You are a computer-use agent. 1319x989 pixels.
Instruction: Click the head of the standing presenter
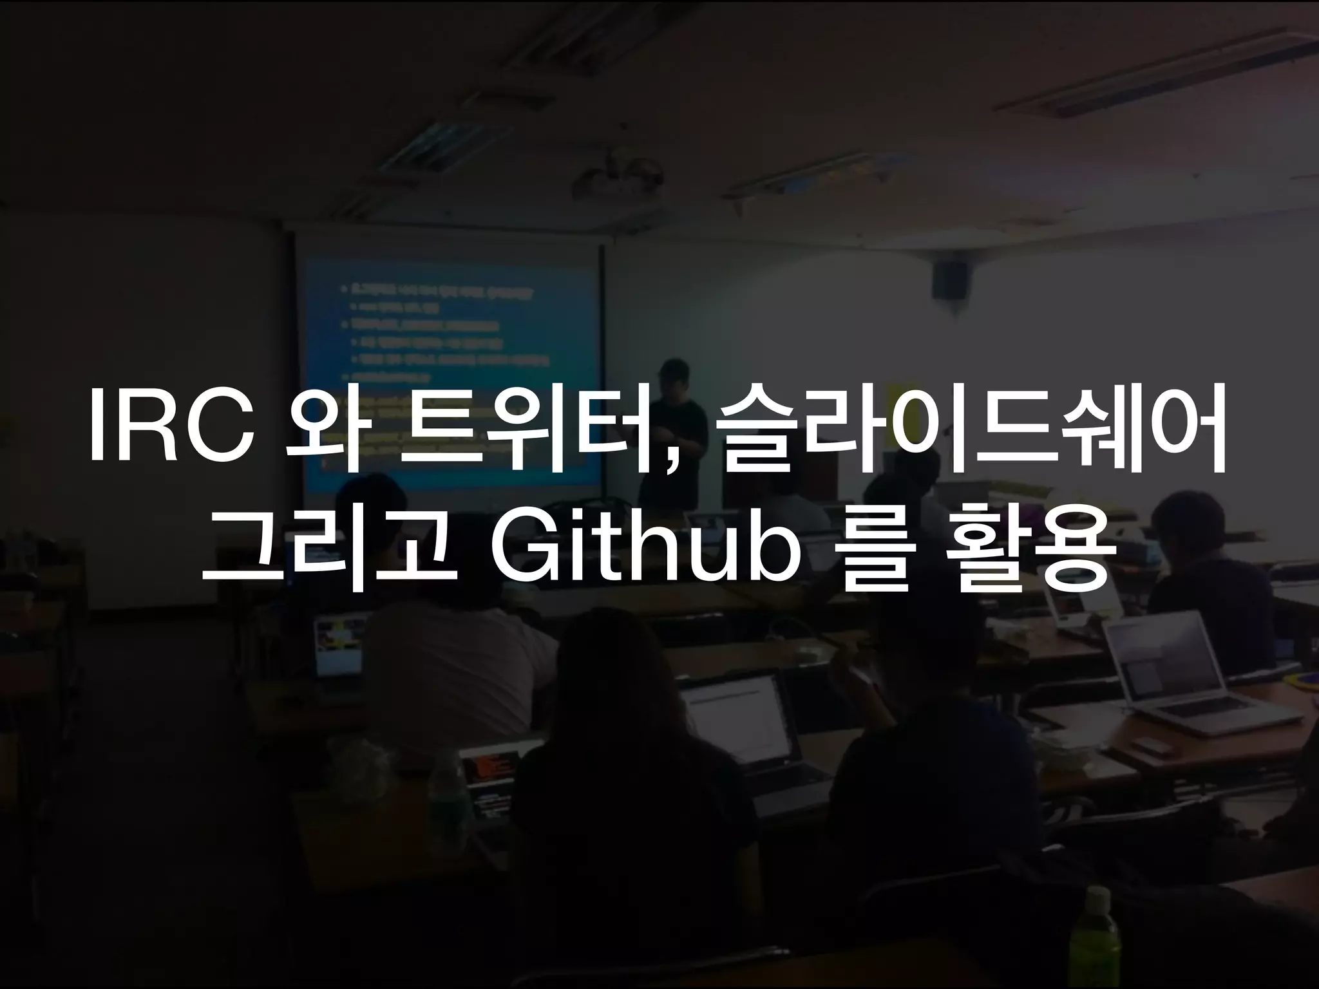[x=673, y=373]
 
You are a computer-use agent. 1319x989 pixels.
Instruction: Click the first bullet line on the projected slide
[x=444, y=292]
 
